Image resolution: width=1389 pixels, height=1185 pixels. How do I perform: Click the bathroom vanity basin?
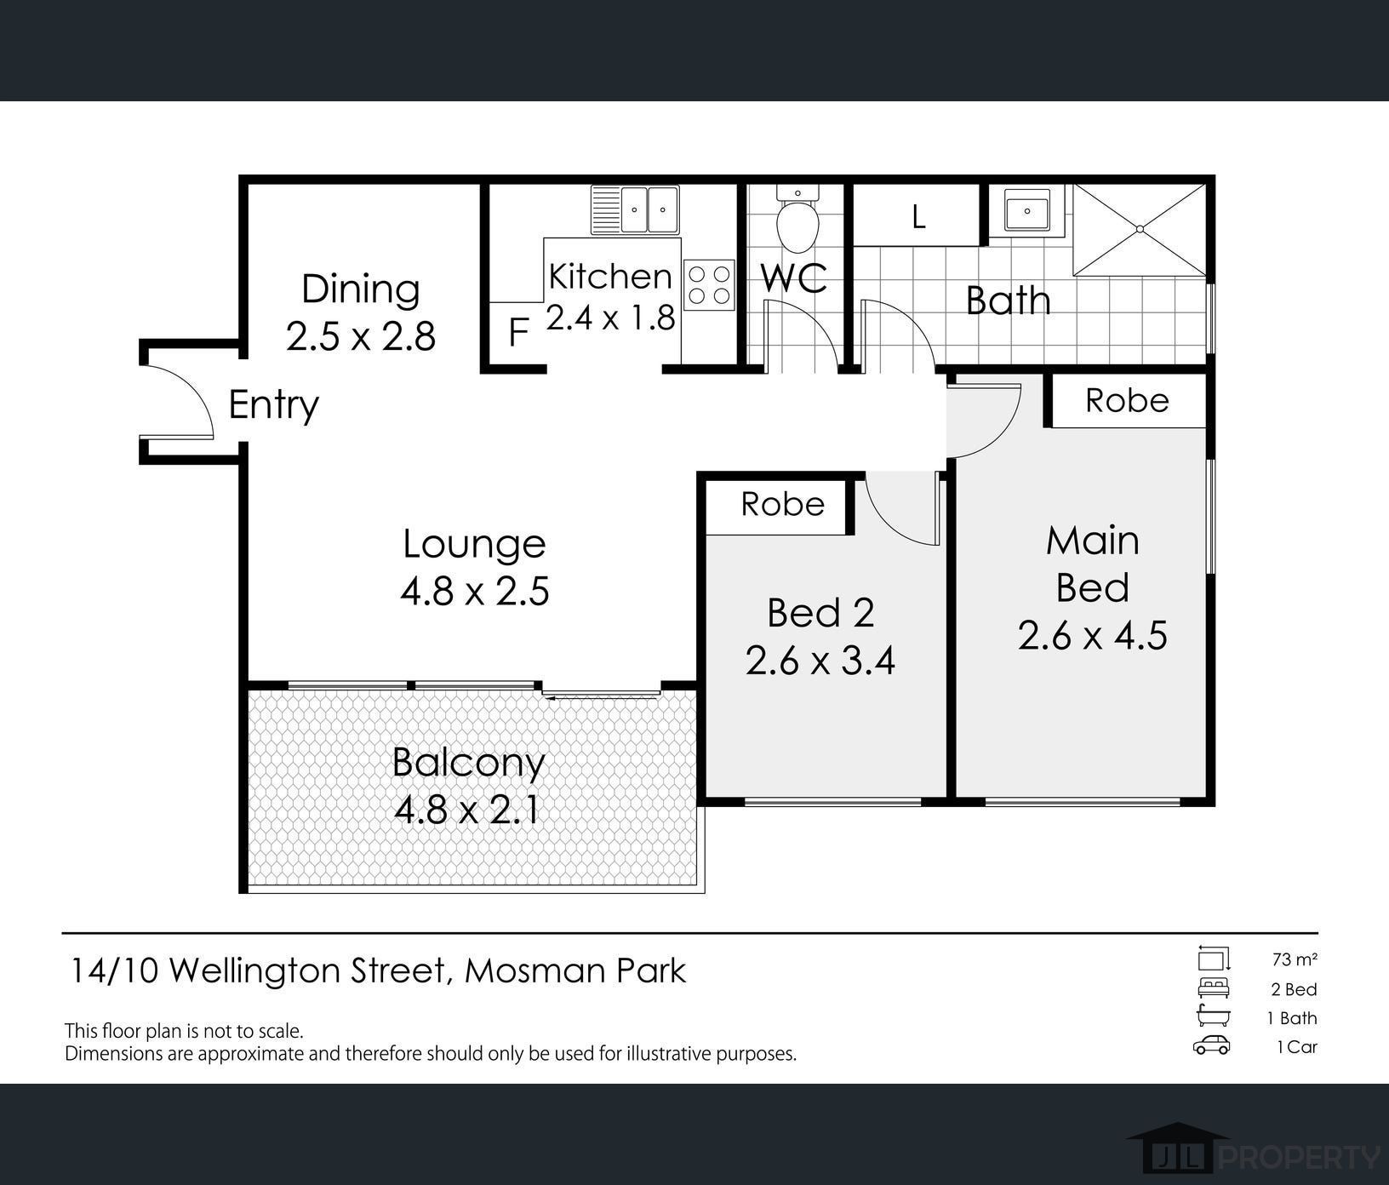click(1027, 210)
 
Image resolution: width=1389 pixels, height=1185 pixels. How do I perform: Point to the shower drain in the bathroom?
click(1140, 229)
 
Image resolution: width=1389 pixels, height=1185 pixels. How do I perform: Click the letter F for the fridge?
click(517, 333)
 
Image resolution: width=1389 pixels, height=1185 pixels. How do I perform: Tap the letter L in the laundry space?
click(917, 217)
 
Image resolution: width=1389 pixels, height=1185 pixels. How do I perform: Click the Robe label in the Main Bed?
click(1127, 400)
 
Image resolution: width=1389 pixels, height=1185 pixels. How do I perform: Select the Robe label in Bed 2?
click(782, 504)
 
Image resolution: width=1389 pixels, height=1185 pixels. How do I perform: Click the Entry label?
click(273, 404)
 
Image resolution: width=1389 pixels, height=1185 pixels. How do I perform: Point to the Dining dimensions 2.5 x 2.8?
click(361, 336)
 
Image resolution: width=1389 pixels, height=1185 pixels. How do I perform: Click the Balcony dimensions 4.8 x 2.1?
click(466, 810)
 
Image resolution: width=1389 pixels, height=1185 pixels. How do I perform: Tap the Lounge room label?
click(474, 544)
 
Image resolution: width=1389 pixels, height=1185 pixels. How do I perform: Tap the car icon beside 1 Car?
click(1211, 1045)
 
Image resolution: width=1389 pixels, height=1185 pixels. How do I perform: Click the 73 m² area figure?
click(1294, 959)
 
